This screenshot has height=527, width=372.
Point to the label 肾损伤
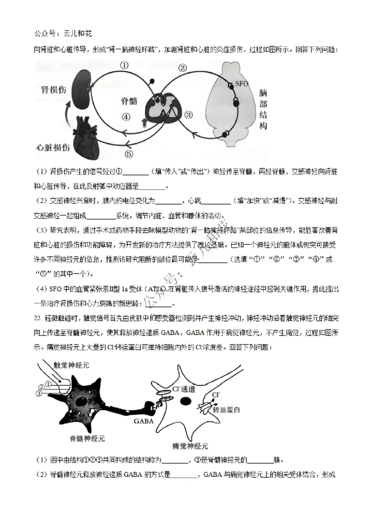[52, 89]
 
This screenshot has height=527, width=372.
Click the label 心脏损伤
[53, 148]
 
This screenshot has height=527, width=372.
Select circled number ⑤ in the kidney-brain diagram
[129, 154]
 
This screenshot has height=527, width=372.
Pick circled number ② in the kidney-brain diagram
[183, 68]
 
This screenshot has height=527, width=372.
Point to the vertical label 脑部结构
[263, 109]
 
